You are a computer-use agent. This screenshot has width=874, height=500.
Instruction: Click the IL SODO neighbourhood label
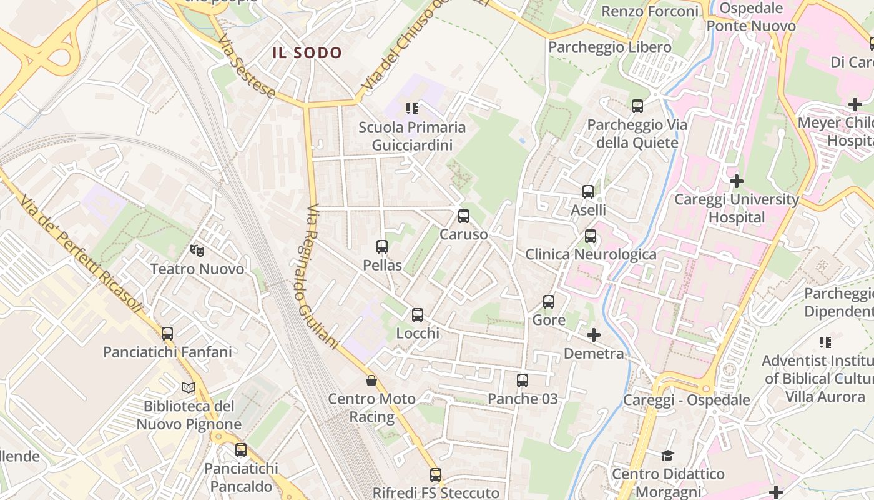point(307,53)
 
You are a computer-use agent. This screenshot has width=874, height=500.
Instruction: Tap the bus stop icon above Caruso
point(463,216)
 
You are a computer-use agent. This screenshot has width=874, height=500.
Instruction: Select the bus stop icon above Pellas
point(382,247)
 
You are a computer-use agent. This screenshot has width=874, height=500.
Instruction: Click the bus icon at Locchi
point(418,315)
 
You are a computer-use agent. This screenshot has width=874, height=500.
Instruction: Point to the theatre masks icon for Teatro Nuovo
point(197,251)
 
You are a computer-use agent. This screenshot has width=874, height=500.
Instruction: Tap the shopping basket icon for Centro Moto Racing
point(371,381)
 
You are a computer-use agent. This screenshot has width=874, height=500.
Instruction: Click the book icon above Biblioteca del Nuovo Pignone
point(189,387)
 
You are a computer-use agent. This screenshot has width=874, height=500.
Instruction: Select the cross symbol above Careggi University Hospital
point(737,181)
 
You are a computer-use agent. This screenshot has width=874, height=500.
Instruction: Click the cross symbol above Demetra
point(594,335)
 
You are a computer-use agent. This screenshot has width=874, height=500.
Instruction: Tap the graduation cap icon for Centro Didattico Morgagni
point(668,456)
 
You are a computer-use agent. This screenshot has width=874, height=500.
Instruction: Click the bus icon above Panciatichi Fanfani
point(167,334)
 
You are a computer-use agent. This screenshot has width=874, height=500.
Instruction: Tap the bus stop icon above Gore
point(549,302)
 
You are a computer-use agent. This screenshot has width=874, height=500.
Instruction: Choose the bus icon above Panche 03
point(523,380)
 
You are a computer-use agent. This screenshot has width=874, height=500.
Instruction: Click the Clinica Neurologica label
point(591,254)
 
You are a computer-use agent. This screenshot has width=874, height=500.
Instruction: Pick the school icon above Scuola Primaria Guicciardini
point(412,109)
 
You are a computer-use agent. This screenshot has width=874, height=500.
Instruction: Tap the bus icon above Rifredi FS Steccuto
point(436,475)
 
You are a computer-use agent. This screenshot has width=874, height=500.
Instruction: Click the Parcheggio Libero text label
point(610,47)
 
